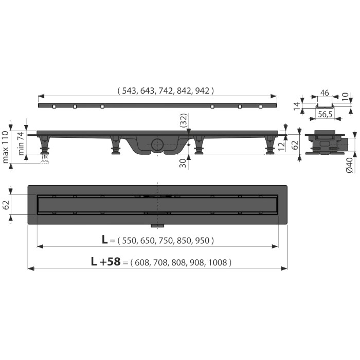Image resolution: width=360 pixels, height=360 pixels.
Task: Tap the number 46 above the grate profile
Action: coord(325,93)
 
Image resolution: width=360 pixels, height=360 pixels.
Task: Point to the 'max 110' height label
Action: coord(6,147)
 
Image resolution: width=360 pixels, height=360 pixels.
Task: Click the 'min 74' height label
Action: coord(21,143)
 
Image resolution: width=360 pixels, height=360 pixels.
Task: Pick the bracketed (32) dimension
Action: coord(184,120)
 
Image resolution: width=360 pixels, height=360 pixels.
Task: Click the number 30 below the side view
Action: coord(183,163)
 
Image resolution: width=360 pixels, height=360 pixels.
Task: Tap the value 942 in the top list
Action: coord(202,91)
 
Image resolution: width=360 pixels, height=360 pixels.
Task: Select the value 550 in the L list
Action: coord(129,241)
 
